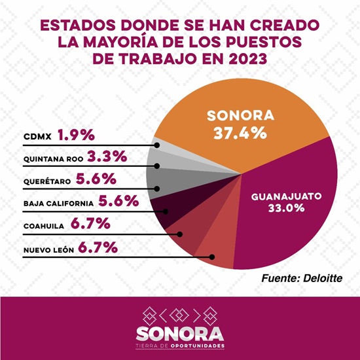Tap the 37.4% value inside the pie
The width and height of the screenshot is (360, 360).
click(240, 133)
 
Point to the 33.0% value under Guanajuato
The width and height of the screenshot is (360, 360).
click(286, 208)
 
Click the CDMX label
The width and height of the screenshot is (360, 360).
click(37, 137)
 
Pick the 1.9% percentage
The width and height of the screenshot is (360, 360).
click(76, 135)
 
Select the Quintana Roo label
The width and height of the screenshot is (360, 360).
click(53, 159)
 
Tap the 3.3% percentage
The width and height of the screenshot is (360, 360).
click(107, 156)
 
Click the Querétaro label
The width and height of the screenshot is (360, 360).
click(47, 181)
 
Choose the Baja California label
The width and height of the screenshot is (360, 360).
click(58, 204)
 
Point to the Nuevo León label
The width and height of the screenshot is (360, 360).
click(48, 250)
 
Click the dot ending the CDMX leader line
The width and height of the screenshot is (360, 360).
click(157, 145)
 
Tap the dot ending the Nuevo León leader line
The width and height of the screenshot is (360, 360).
click(212, 257)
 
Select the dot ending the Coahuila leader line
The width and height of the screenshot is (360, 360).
click(180, 234)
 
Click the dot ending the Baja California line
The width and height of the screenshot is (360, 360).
click(166, 211)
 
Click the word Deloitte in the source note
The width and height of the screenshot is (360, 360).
click(323, 278)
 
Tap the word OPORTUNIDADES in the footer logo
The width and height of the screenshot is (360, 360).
click(198, 346)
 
